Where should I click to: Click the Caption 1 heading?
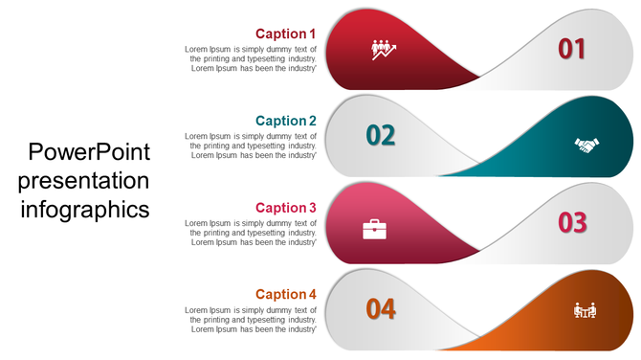coord(285,34)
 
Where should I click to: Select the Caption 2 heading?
coord(285,121)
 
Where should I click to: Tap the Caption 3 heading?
coord(285,208)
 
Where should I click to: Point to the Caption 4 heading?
coord(285,294)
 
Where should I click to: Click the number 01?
coord(571,49)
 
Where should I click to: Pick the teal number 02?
coord(380,135)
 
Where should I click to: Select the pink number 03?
coord(571,222)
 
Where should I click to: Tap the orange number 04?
coord(380,308)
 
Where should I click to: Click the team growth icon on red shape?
coord(384,49)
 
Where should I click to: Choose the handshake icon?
coord(586,145)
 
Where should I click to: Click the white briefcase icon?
coord(374,229)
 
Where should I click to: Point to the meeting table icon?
coord(585,310)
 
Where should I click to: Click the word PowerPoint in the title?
coord(89,152)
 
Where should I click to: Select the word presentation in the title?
coord(84,180)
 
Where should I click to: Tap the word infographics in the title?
coord(85,208)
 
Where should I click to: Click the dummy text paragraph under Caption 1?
coord(251,57)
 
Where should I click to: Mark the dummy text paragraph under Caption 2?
coord(251,145)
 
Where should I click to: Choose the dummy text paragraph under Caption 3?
coord(251,232)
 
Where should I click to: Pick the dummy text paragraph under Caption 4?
coord(251,319)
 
